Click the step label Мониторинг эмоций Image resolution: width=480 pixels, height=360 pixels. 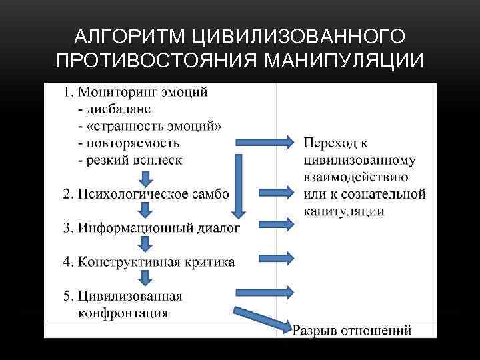(143, 92)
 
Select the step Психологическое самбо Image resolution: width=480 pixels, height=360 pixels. (153, 194)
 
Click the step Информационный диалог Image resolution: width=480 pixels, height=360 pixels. (159, 228)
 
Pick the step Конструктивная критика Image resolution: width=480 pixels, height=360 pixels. (156, 262)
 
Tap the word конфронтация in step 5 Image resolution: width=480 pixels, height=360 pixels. (123, 313)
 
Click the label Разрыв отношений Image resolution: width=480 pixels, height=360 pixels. (352, 330)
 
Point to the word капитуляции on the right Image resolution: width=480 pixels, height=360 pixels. (344, 211)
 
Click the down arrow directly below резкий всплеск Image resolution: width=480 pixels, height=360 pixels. (145, 177)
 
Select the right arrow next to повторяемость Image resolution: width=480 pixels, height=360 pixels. (264, 141)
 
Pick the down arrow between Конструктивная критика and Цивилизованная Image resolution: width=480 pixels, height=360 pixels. (145, 278)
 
